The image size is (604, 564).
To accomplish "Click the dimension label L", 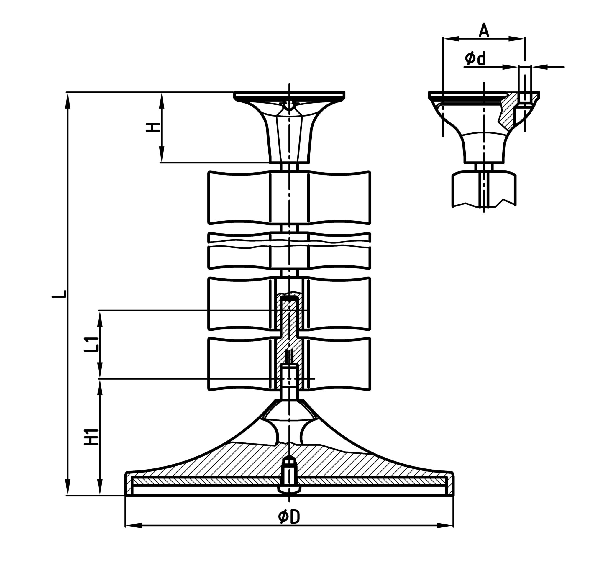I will point(60,294).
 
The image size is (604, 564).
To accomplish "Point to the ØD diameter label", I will point(289,517).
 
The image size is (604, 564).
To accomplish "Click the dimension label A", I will point(484,31).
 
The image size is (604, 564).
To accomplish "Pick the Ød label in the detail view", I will point(475,58).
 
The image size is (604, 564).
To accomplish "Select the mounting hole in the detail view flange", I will point(525,97).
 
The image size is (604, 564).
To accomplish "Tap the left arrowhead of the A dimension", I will point(451,39).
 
